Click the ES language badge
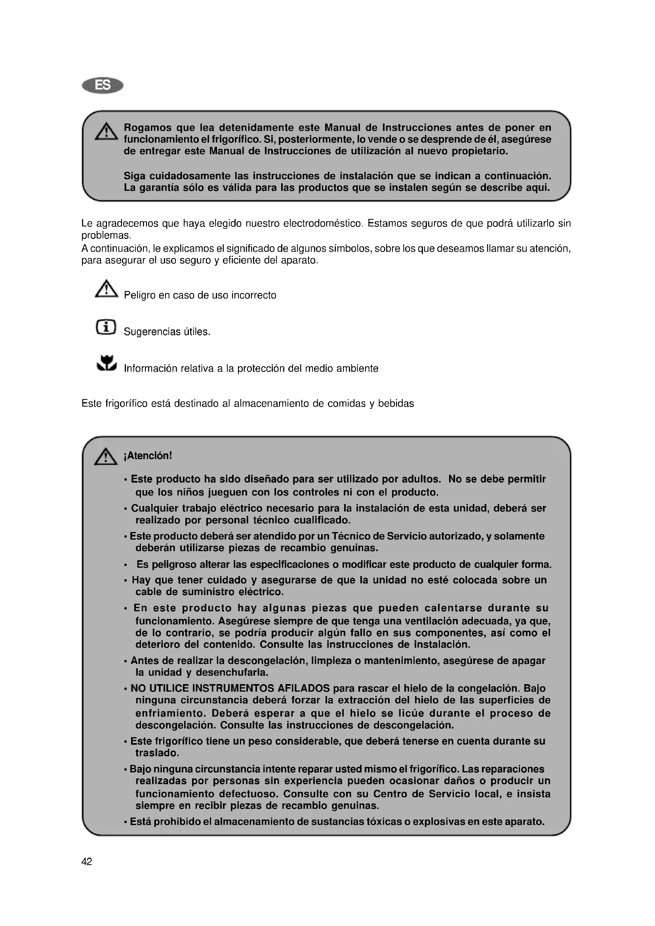pos(103,86)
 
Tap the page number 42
pos(87,861)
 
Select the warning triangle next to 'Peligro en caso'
pos(107,289)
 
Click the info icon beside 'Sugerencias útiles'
pos(106,327)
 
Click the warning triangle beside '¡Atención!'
pos(106,456)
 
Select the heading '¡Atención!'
pos(148,456)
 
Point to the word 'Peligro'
pos(139,295)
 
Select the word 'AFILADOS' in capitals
pos(303,688)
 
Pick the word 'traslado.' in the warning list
pos(157,753)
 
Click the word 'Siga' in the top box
pos(135,176)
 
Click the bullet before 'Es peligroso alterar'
pos(126,565)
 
